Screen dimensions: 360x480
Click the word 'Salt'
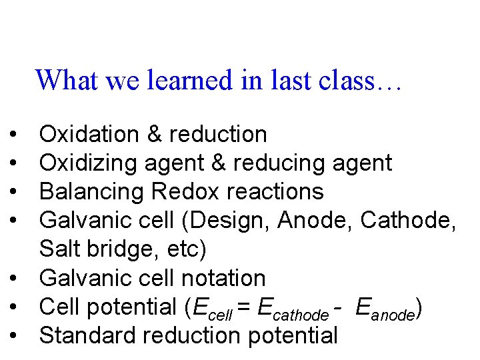[59, 249]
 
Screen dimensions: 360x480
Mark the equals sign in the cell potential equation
[245, 307]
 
